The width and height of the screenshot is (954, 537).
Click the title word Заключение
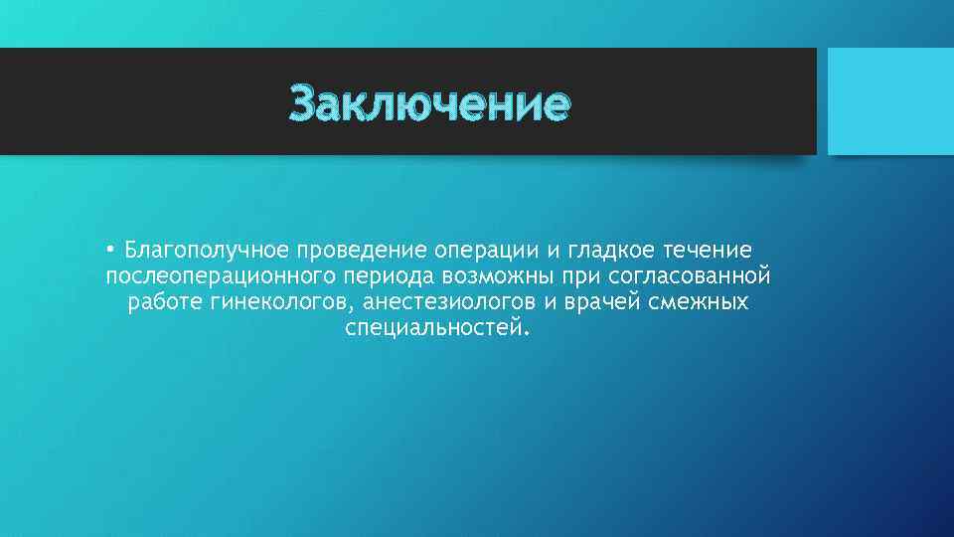(x=430, y=103)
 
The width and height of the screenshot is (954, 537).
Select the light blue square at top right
(x=890, y=101)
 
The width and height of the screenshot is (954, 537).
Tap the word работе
(x=164, y=301)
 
